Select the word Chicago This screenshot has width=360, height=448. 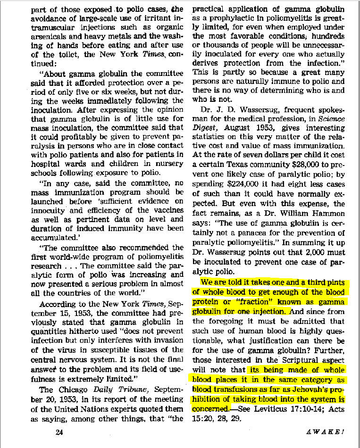click(x=76, y=390)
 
